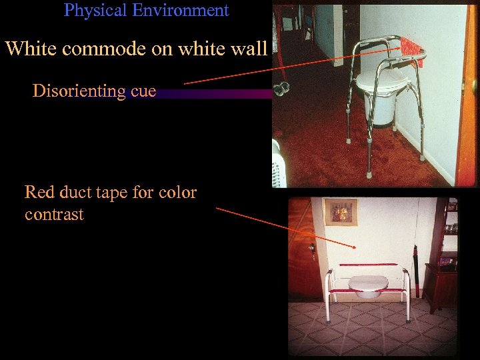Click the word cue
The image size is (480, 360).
click(x=142, y=91)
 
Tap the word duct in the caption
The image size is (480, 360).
click(x=76, y=193)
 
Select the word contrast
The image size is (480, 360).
click(x=54, y=215)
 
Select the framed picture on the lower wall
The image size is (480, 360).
click(x=341, y=211)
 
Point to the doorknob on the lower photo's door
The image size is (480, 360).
click(x=311, y=250)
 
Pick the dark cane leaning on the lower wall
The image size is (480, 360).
click(x=415, y=270)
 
